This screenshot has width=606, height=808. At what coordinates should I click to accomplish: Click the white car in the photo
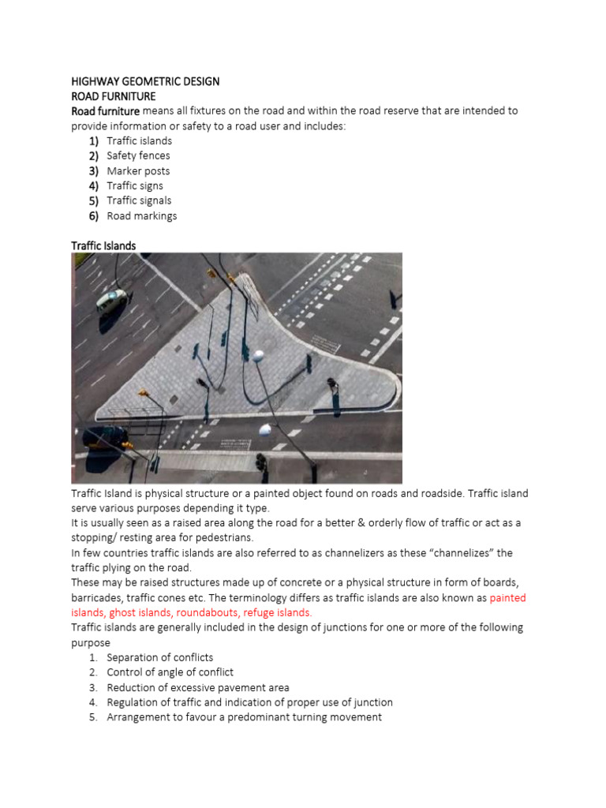pos(112,299)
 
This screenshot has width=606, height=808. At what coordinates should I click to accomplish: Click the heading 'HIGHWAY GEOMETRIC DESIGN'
pos(145,81)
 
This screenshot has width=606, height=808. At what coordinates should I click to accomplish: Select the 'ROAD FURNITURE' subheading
pos(114,96)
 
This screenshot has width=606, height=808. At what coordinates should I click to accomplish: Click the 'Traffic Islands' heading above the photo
pos(103,245)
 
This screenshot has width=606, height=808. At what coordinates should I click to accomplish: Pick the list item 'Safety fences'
pos(138,155)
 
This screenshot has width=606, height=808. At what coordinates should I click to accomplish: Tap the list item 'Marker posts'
pos(138,170)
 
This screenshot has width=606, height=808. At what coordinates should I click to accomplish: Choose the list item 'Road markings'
pos(142,215)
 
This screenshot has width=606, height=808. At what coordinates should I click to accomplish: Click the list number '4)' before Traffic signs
pos(93,185)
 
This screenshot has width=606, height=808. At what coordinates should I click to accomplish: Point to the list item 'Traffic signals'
pos(139,200)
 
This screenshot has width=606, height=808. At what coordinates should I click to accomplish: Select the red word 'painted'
pos(507,597)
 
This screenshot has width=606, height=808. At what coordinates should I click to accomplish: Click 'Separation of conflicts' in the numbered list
pos(160,657)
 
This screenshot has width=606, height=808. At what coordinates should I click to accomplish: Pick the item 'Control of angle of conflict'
pos(170,672)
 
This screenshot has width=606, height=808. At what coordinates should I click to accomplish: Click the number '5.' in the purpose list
pos(93,717)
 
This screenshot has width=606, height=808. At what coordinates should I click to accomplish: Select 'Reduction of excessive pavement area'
pos(198,687)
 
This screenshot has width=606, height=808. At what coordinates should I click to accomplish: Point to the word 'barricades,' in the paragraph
pos(99,597)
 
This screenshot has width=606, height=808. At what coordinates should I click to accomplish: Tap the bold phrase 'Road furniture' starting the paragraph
pos(105,110)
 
